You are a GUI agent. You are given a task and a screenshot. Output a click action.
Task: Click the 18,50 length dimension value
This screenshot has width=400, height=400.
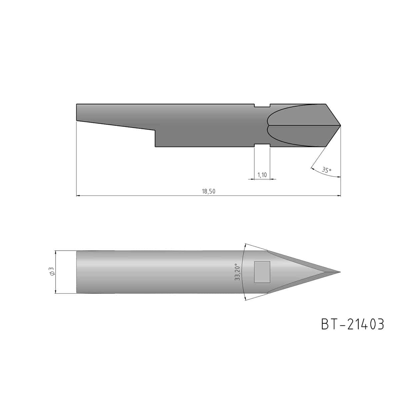click(209, 191)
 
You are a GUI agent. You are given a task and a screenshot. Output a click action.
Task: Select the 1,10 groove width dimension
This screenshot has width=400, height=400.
click(262, 175)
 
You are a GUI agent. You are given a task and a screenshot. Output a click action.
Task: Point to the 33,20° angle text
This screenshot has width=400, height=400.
click(237, 272)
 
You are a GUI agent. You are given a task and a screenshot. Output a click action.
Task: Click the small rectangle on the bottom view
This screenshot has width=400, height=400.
click(262, 272)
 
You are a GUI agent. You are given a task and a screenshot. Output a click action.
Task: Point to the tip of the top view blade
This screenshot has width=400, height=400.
click(341, 125)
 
